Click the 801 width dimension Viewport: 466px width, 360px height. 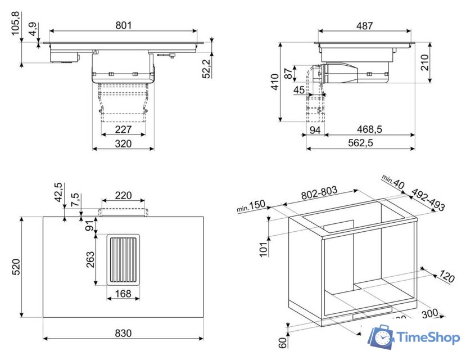click(x=123, y=25)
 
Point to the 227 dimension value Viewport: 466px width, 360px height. click(x=123, y=129)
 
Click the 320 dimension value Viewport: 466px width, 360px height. click(x=123, y=143)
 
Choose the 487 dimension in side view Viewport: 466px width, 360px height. click(x=364, y=26)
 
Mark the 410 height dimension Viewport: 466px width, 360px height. click(x=274, y=82)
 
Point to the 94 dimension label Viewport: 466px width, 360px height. click(x=315, y=130)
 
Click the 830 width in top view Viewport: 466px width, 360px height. click(x=123, y=333)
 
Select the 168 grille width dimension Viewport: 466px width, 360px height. click(x=123, y=293)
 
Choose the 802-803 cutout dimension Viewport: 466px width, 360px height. click(x=319, y=192)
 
